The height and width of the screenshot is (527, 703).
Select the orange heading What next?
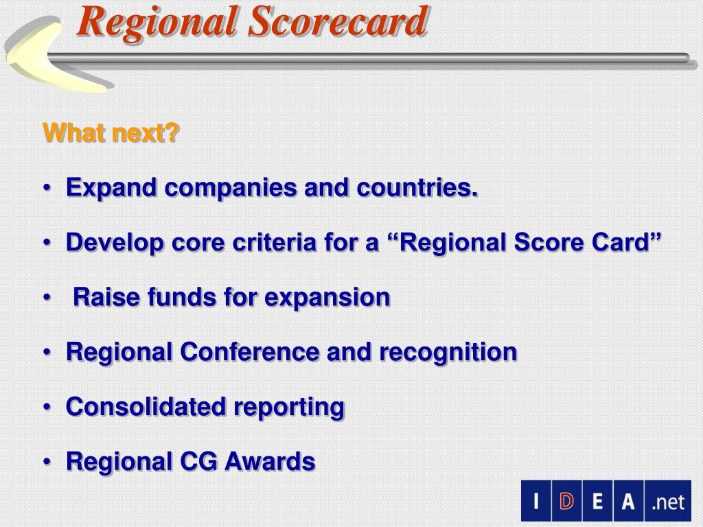[111, 132]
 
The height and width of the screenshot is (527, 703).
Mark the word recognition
[448, 352]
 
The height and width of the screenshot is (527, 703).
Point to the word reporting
[290, 407]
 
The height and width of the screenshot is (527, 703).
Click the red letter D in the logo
[566, 501]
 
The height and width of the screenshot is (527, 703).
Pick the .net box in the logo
[668, 501]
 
